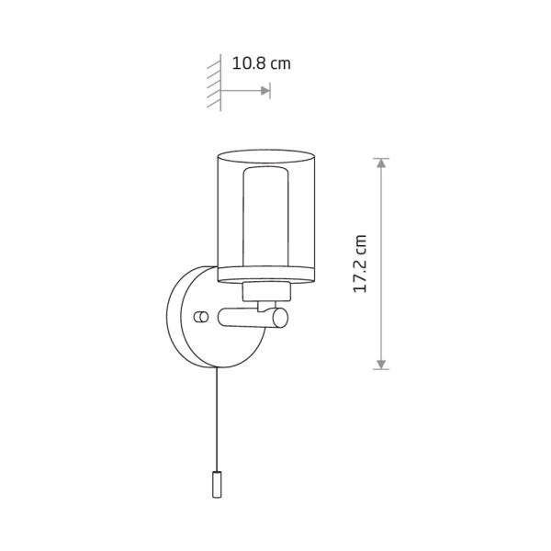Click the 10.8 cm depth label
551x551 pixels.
[262, 63]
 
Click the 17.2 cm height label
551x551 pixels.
[359, 264]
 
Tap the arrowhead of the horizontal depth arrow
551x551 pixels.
[265, 91]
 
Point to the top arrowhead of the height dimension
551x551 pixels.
[381, 163]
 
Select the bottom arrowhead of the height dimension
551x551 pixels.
[381, 365]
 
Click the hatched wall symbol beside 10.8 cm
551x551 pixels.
[214, 83]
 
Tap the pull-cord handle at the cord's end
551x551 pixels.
[217, 484]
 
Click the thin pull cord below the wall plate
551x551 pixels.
[217, 419]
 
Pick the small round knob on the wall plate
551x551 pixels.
[201, 317]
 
